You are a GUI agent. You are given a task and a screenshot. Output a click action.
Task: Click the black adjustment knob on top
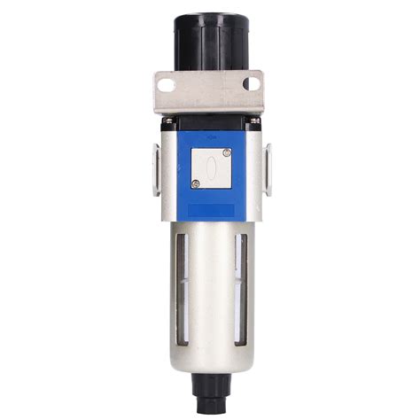[x=209, y=40]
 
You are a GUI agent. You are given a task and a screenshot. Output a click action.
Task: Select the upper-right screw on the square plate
[x=227, y=152]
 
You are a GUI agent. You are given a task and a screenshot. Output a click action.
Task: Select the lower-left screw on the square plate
[x=195, y=183]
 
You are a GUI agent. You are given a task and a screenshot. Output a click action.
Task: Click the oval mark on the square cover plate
[x=210, y=167]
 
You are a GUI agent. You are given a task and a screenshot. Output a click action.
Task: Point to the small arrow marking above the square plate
[x=210, y=138]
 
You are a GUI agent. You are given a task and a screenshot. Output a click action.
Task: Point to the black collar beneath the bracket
[x=210, y=118]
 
